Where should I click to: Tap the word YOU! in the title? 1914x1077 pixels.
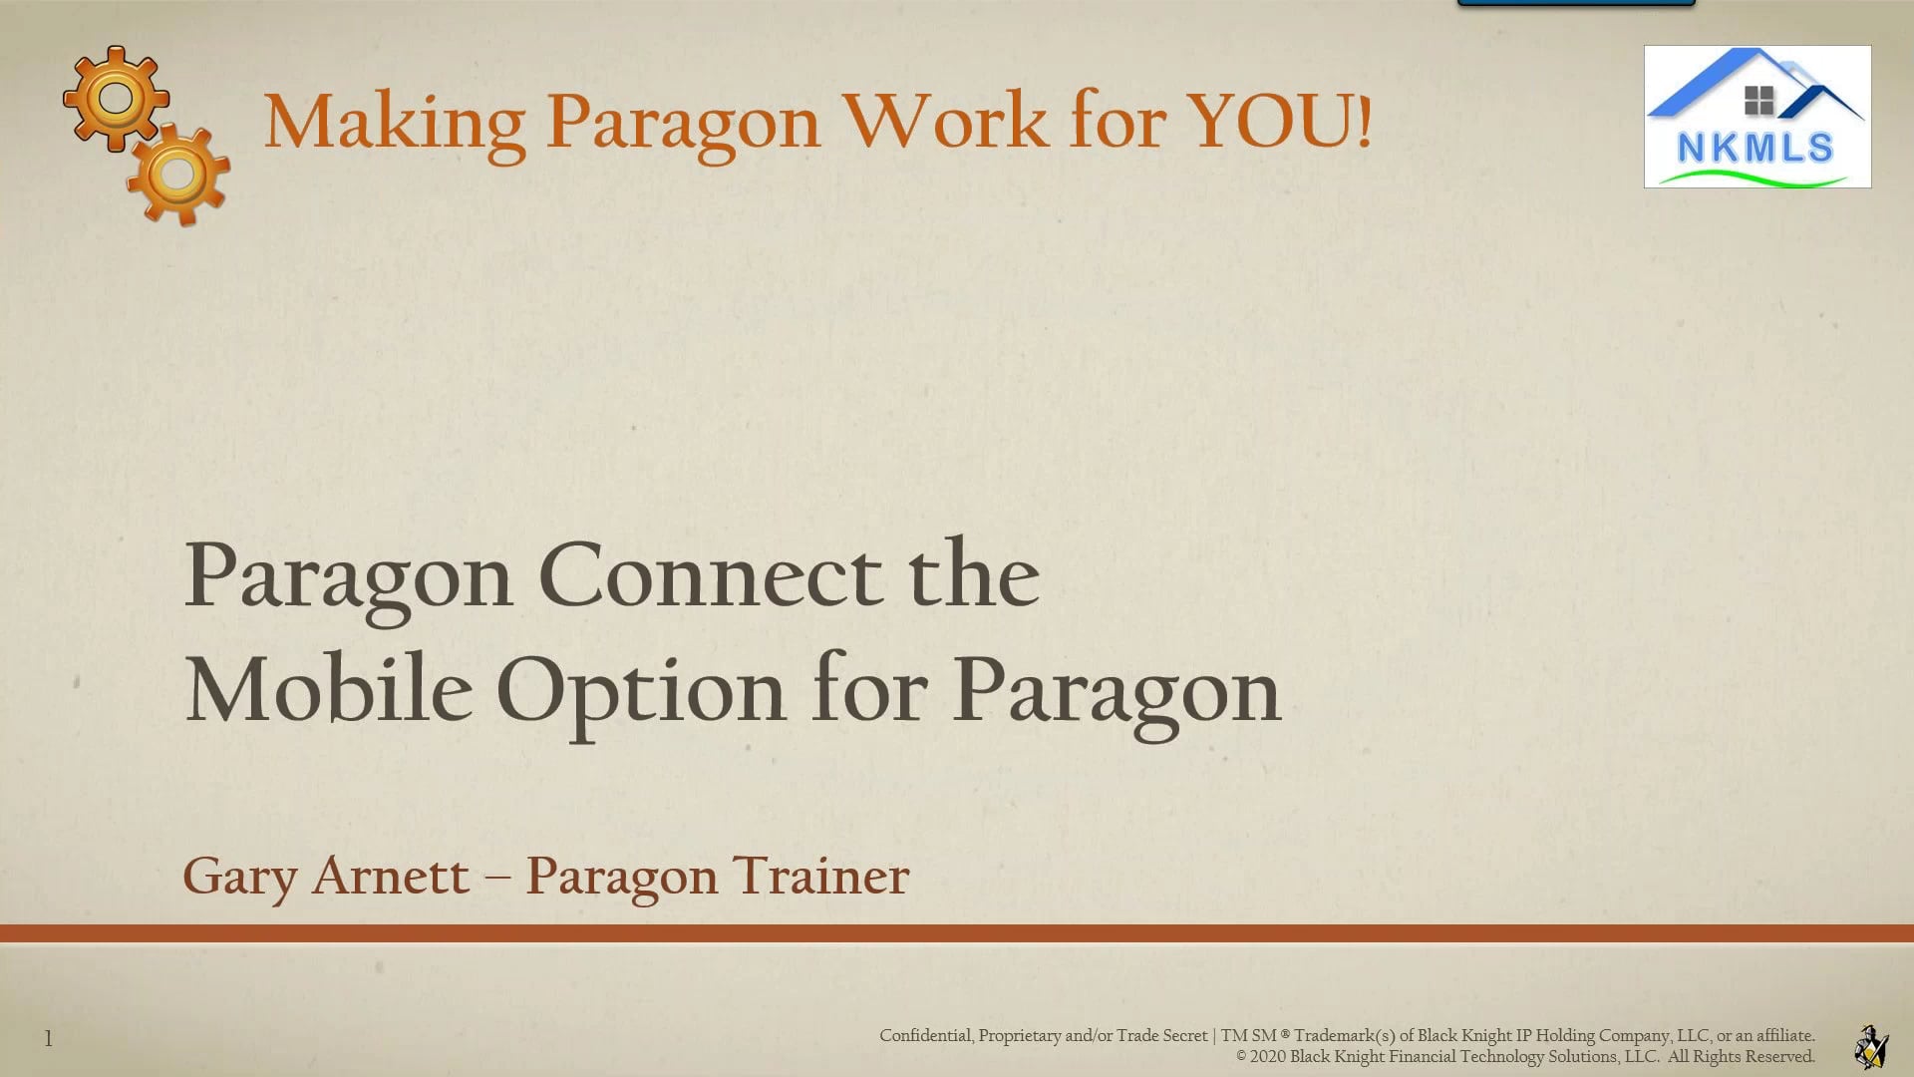[x=1281, y=122]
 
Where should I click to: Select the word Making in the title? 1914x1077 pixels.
[x=394, y=124]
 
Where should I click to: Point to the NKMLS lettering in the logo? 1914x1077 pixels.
[x=1755, y=149]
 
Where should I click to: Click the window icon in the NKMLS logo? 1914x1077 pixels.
[x=1759, y=100]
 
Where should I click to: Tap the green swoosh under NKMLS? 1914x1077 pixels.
[x=1754, y=179]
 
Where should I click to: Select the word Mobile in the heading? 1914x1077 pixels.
[x=329, y=690]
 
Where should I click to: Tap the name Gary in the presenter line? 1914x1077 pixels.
[x=240, y=878]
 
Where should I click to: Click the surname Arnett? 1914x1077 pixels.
[x=391, y=876]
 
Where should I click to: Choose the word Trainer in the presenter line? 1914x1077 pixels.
[x=820, y=876]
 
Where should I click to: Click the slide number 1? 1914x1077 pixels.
[x=48, y=1039]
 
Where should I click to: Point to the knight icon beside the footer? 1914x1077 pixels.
[x=1871, y=1046]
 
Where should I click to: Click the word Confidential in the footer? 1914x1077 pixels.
[x=925, y=1035]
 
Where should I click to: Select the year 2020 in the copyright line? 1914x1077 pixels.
[x=1267, y=1056]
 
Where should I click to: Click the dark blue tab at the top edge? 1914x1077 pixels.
[x=1576, y=3]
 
